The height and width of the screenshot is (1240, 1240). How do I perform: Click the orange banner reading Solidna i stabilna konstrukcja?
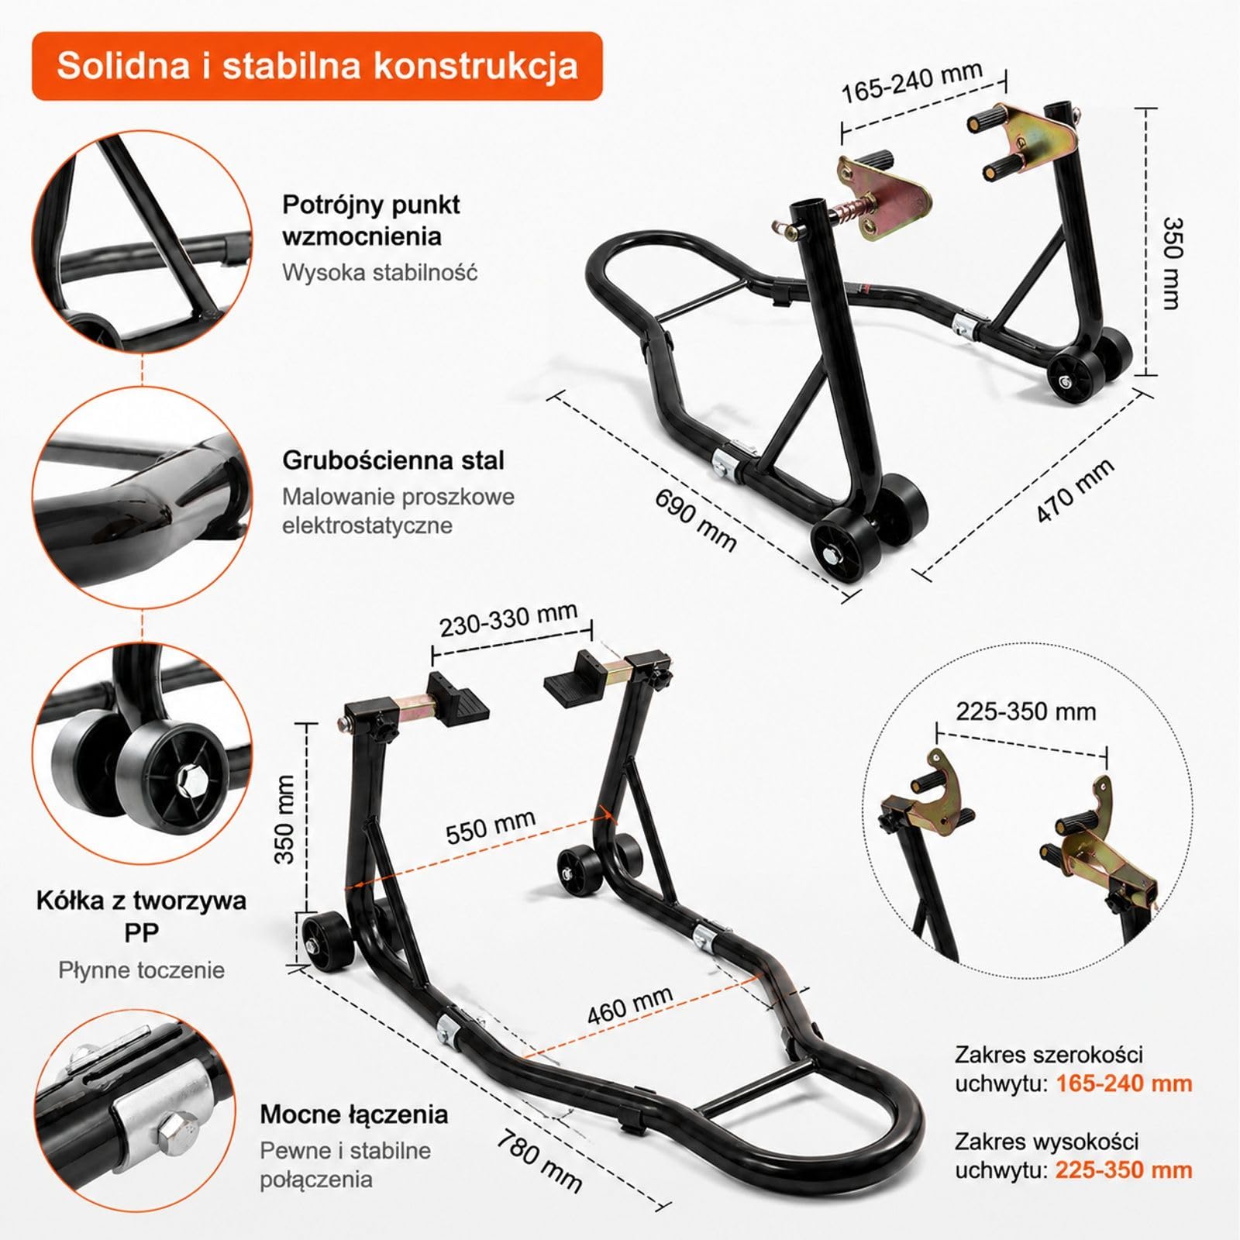click(317, 66)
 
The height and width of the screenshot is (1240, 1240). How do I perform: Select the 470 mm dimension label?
click(1076, 490)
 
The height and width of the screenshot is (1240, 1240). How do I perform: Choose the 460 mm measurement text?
click(629, 1005)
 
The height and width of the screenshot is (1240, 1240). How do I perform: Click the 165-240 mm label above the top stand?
click(912, 82)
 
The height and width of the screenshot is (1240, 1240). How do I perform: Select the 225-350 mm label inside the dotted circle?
click(1026, 711)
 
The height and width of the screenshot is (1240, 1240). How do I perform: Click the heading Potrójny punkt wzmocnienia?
click(371, 220)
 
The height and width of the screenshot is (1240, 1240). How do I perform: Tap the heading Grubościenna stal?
click(394, 460)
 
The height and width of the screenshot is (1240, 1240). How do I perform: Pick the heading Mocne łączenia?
click(354, 1114)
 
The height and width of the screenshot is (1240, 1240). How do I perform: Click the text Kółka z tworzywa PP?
click(142, 916)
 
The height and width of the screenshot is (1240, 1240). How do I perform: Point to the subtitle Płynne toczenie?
click(142, 970)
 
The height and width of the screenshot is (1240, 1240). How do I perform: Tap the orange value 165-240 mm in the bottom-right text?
click(1125, 1083)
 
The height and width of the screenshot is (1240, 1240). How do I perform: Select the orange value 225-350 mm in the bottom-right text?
click(1125, 1169)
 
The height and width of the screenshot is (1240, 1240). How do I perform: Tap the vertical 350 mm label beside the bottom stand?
click(285, 819)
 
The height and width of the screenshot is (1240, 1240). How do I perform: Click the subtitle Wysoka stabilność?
click(380, 273)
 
